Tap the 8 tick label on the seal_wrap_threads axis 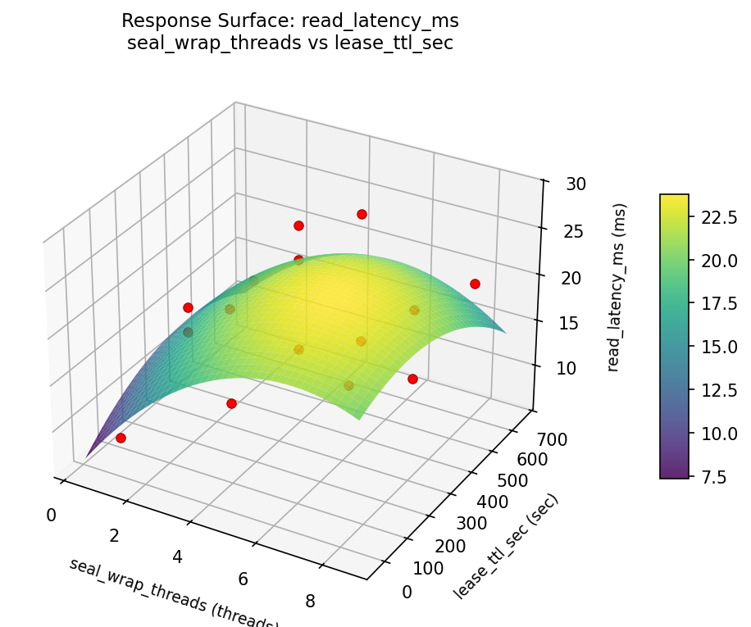(x=309, y=601)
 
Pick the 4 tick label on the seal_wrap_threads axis (x=177, y=557)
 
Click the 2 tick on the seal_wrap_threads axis (x=113, y=536)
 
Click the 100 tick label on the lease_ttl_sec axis (x=427, y=568)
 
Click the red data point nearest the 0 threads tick (x=121, y=438)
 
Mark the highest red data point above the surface (x=362, y=214)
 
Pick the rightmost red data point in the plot (x=475, y=284)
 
